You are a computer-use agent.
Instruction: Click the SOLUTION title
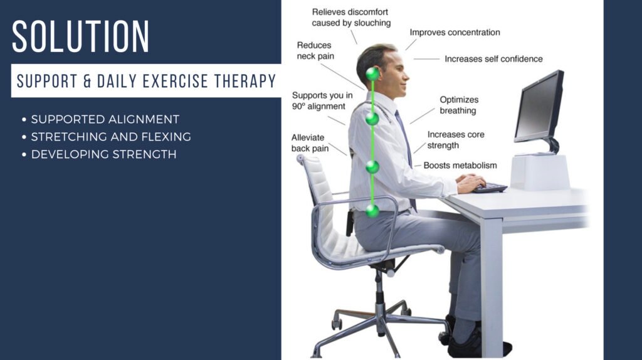pyautogui.click(x=81, y=36)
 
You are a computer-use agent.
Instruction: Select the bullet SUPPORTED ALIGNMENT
pyautogui.click(x=105, y=120)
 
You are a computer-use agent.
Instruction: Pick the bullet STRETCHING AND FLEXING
pyautogui.click(x=111, y=137)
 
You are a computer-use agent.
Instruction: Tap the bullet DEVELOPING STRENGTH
pyautogui.click(x=103, y=154)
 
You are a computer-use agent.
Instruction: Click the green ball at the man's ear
pyautogui.click(x=372, y=74)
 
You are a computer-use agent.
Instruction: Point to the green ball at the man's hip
pyautogui.click(x=372, y=211)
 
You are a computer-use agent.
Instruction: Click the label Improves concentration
pyautogui.click(x=455, y=33)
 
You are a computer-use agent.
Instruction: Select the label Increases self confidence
pyautogui.click(x=493, y=59)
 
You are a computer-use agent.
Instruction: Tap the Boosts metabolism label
pyautogui.click(x=460, y=166)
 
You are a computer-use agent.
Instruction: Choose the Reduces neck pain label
pyautogui.click(x=315, y=51)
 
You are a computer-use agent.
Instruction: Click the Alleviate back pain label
pyautogui.click(x=310, y=143)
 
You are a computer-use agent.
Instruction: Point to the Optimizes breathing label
pyautogui.click(x=458, y=105)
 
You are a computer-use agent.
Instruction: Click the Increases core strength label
pyautogui.click(x=456, y=140)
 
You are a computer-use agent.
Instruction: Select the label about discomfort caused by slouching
pyautogui.click(x=351, y=18)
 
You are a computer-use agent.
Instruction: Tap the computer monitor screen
pyautogui.click(x=537, y=108)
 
